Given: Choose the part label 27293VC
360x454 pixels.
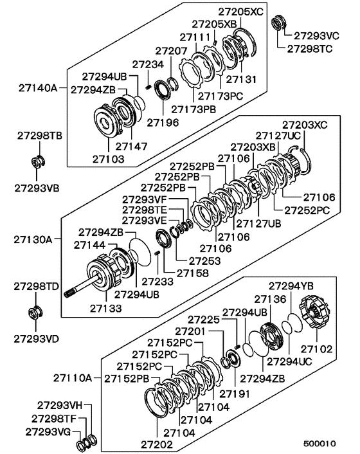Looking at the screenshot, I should pos(316,36).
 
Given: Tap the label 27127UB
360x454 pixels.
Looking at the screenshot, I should pos(256,224).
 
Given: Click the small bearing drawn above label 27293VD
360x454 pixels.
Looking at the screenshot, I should pos(36,313).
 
